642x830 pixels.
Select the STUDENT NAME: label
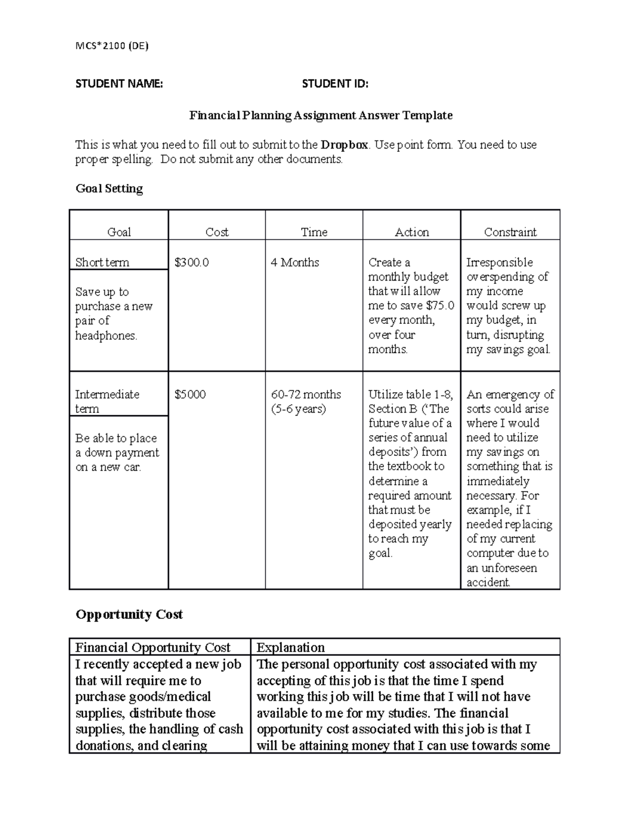click(119, 83)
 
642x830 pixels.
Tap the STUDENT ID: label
click(335, 83)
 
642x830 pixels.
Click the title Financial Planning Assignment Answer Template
click(321, 115)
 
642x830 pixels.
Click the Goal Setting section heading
click(109, 189)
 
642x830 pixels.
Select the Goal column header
click(119, 232)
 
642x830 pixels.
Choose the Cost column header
click(217, 232)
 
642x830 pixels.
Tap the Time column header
click(314, 232)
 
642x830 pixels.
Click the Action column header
click(411, 232)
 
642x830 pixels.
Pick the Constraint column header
click(510, 232)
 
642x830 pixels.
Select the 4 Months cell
click(295, 262)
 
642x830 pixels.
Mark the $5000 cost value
click(190, 394)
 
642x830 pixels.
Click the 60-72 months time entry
click(305, 394)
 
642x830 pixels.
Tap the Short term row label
click(102, 262)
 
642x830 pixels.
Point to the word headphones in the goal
click(105, 336)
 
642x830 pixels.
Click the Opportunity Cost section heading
click(129, 615)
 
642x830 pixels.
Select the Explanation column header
click(291, 647)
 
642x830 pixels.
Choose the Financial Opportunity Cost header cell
click(152, 647)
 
